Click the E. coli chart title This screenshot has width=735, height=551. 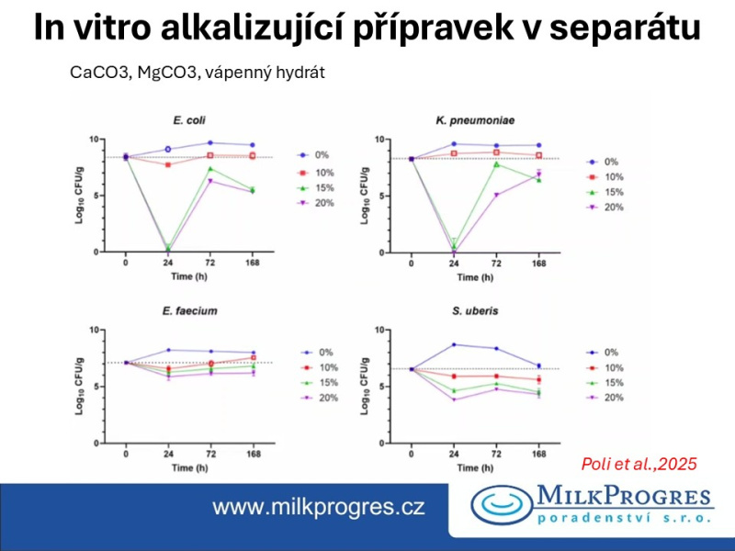(x=188, y=120)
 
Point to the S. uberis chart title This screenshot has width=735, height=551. (x=475, y=311)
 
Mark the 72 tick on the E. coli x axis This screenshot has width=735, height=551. (x=210, y=263)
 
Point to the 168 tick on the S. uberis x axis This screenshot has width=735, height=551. (x=538, y=454)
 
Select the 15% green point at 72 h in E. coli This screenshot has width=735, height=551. (x=210, y=168)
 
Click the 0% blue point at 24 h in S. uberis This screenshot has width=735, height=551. (x=454, y=344)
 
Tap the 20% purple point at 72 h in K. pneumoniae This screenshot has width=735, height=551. (x=496, y=195)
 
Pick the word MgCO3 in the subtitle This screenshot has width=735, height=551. (x=165, y=73)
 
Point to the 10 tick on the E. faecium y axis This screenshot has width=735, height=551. (x=106, y=329)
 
